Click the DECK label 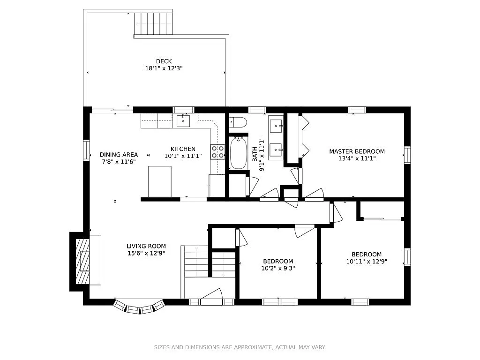tap(164, 61)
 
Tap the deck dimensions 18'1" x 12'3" tap(164, 68)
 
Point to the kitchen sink tap(183, 121)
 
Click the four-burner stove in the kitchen tap(217, 152)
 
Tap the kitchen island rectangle tap(159, 181)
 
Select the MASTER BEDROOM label tap(357, 151)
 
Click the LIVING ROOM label tap(146, 246)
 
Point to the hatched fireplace tap(82, 261)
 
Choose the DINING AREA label tap(119, 155)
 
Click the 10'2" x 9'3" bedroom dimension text tap(278, 269)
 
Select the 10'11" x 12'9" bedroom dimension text tap(367, 262)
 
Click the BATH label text tap(255, 154)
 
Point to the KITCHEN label tap(183, 149)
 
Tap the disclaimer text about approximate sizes tap(240, 347)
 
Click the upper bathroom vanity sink tap(276, 126)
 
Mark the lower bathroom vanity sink tap(276, 150)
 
